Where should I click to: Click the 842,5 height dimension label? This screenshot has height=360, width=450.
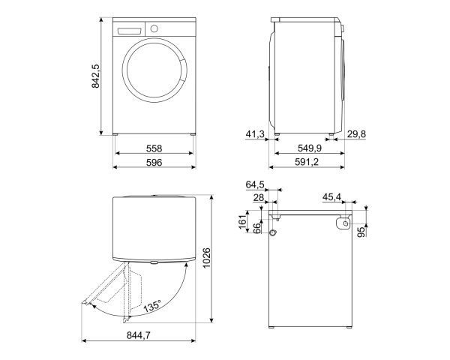point(95,76)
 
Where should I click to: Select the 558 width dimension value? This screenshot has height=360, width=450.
point(154,148)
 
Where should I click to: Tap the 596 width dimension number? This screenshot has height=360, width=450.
point(154,163)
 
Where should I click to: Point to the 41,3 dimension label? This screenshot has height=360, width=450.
point(255,134)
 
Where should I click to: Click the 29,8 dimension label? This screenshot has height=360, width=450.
point(356,134)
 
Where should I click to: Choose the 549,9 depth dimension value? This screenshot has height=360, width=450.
point(310,148)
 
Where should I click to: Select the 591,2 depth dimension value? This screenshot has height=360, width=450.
point(307,162)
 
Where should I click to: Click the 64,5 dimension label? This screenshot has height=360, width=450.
point(255,185)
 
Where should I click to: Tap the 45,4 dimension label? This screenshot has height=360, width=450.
point(331,197)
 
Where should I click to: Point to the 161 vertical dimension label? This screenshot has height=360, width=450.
point(243,220)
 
